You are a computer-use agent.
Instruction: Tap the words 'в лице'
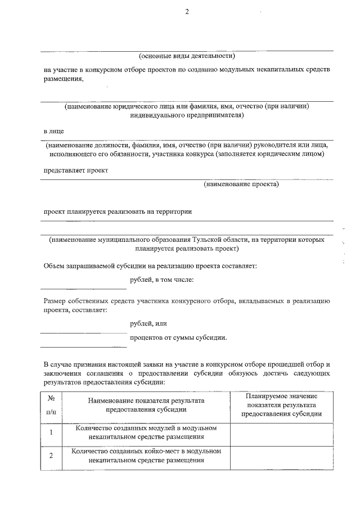54,130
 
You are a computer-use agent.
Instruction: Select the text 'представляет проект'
76,170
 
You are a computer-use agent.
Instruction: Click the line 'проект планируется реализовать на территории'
118,211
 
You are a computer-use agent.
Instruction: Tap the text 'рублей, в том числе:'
161,279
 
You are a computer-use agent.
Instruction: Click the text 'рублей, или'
148,323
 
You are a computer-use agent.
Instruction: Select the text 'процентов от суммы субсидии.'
178,337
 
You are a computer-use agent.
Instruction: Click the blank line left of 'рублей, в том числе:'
83,287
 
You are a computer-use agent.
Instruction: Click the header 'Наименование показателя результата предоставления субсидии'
146,405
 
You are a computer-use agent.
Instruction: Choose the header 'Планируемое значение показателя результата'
281,405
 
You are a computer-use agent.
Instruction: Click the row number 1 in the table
51,432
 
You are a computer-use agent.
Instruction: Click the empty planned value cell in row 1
281,432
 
